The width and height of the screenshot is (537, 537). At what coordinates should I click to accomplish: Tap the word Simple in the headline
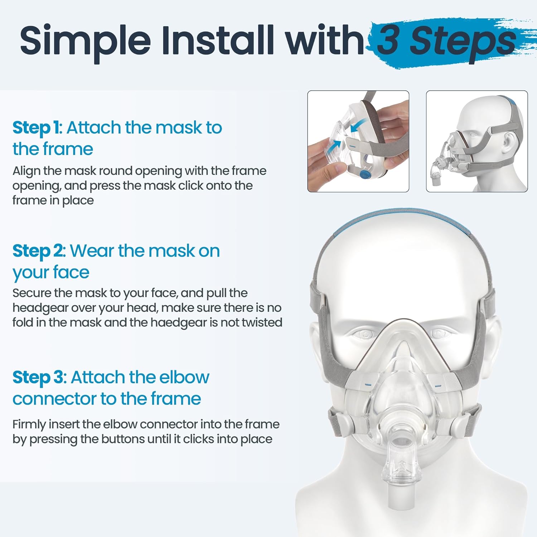(85, 40)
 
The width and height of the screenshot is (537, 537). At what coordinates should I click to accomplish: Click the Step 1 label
(37, 128)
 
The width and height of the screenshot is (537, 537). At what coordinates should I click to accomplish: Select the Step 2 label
(39, 251)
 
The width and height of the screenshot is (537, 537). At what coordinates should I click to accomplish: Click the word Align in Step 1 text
(26, 171)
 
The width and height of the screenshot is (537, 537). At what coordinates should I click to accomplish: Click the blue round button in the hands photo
(364, 175)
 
